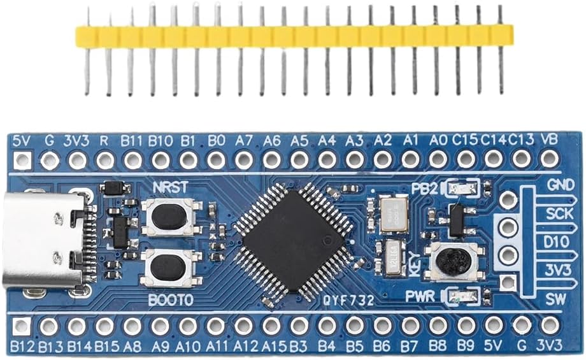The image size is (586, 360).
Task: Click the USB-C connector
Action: (x=43, y=241)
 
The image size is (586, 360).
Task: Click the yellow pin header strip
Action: (x=294, y=36)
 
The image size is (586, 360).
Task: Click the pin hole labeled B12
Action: (x=22, y=326)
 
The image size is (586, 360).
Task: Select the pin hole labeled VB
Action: (x=548, y=159)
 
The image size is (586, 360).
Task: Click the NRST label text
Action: (x=170, y=187)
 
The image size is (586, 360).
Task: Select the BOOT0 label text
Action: (x=169, y=298)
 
